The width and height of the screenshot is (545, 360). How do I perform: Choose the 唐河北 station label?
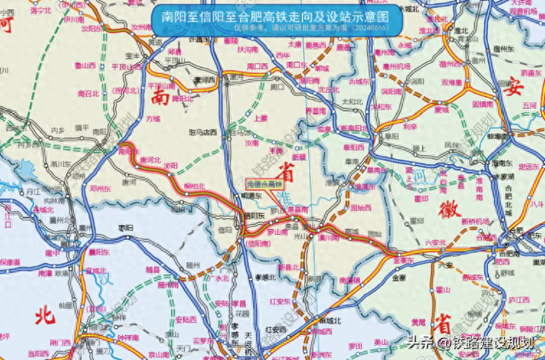click(148, 159)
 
